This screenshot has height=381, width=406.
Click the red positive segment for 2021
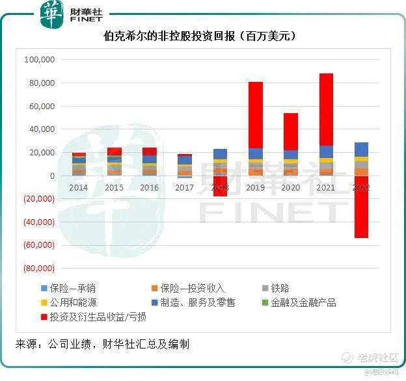point(326,109)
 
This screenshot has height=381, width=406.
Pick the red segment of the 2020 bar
point(291,131)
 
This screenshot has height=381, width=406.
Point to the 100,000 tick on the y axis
point(40,60)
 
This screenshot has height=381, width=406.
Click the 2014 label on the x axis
point(79,187)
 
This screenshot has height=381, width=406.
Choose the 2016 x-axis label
point(150,187)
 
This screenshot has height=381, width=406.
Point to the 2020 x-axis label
point(291,187)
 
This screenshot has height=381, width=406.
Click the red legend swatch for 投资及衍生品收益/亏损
point(44,317)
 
